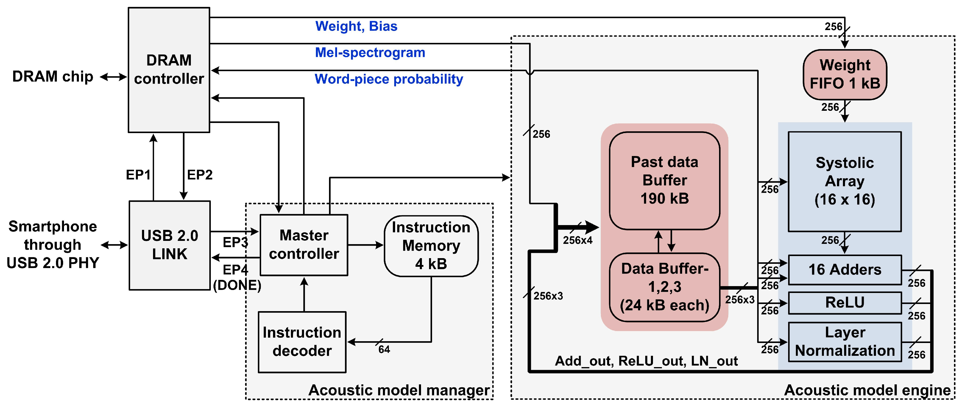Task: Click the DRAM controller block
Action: tap(169, 70)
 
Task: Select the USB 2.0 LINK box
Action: tap(169, 245)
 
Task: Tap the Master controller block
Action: tap(304, 245)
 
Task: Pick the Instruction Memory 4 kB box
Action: tap(431, 246)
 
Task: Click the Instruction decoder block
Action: tap(302, 342)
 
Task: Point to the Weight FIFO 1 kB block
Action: tap(845, 74)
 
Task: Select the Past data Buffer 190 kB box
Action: tap(664, 180)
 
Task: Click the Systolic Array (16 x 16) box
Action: tap(844, 182)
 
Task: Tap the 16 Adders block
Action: tap(844, 269)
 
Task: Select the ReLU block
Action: tap(844, 302)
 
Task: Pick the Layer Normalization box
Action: tap(844, 342)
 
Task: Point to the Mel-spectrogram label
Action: tap(370, 52)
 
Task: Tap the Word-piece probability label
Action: tap(389, 79)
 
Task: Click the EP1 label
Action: tap(138, 174)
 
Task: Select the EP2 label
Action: tap(200, 174)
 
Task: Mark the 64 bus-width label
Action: tap(384, 349)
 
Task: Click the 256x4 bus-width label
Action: tap(577, 240)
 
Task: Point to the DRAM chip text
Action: tap(52, 77)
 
